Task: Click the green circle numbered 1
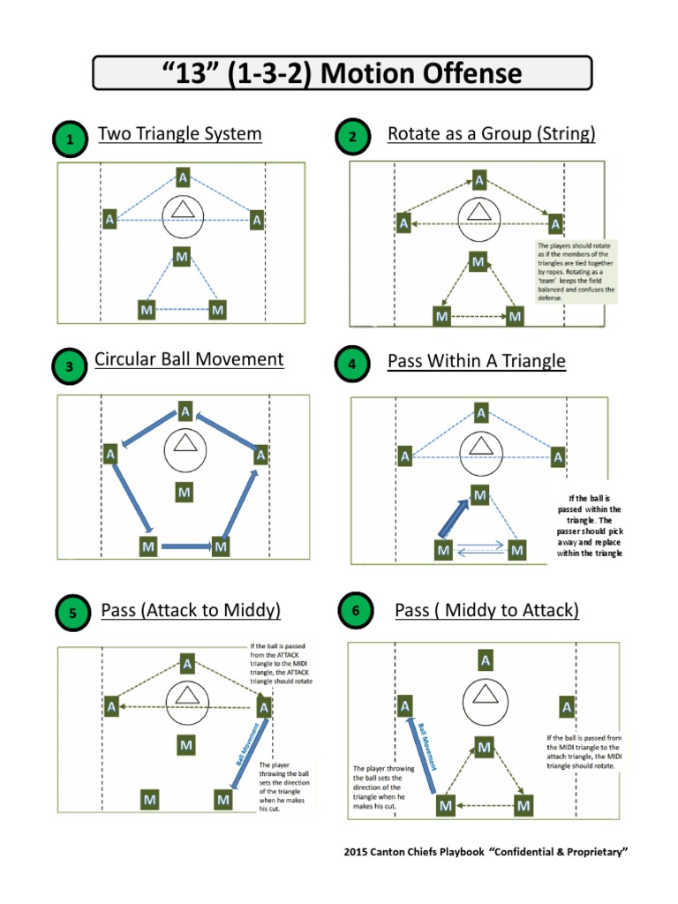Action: pyautogui.click(x=70, y=139)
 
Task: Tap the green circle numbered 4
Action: pyautogui.click(x=352, y=364)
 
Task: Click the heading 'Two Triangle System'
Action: pyautogui.click(x=179, y=134)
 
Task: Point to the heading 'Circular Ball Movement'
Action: pyautogui.click(x=189, y=359)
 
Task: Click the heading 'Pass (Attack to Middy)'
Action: pyautogui.click(x=191, y=610)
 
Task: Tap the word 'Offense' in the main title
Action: pyautogui.click(x=465, y=74)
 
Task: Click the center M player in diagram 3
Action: pyautogui.click(x=183, y=492)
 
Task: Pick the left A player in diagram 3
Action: pyautogui.click(x=111, y=454)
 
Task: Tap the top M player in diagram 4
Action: pyautogui.click(x=479, y=496)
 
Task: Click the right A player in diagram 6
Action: pyautogui.click(x=566, y=706)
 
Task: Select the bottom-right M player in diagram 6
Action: pyautogui.click(x=524, y=805)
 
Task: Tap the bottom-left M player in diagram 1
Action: pyautogui.click(x=147, y=310)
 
